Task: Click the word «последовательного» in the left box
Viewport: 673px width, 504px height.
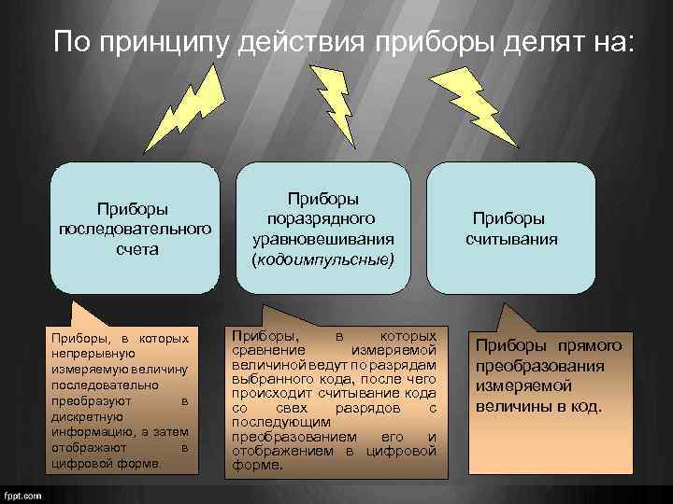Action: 135,229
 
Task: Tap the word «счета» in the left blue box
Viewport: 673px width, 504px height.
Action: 135,249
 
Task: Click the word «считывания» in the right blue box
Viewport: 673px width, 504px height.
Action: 511,238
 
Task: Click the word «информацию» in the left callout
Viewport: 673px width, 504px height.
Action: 89,431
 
